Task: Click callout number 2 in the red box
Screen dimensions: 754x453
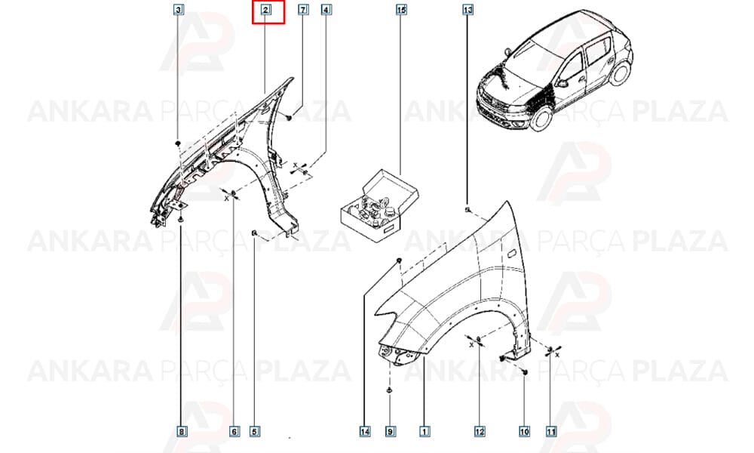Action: click(265, 9)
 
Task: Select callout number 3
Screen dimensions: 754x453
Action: click(179, 9)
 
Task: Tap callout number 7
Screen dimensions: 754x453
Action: click(303, 9)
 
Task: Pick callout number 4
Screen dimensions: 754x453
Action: click(326, 9)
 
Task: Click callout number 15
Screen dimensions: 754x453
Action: click(401, 9)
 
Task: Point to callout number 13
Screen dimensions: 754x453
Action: click(468, 9)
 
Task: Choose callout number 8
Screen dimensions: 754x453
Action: click(181, 431)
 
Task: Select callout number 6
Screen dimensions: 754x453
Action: click(234, 431)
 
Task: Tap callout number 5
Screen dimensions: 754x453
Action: click(255, 431)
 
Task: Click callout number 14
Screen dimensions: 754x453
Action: click(365, 431)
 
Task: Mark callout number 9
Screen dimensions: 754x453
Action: click(391, 431)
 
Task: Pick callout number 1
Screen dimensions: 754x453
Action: click(424, 431)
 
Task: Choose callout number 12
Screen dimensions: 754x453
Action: click(480, 431)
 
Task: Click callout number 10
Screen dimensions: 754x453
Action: click(524, 431)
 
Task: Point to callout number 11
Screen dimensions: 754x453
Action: click(550, 431)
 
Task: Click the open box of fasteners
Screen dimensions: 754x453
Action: click(379, 207)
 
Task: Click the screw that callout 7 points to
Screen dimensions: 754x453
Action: click(288, 116)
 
